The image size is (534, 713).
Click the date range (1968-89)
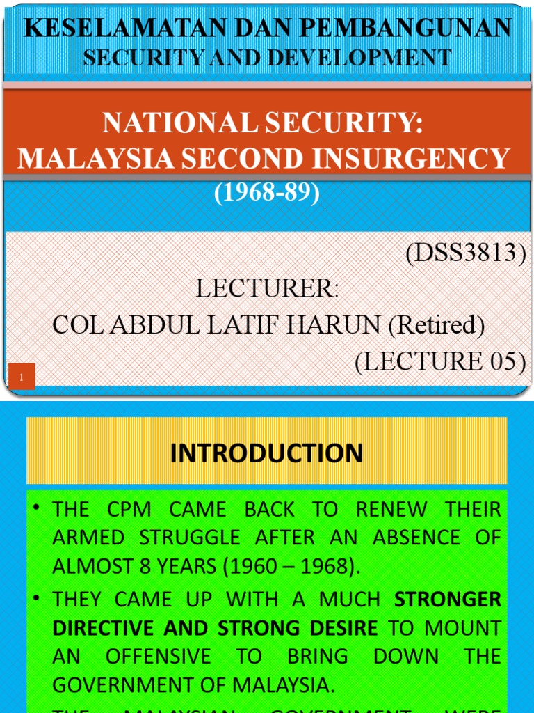click(x=267, y=194)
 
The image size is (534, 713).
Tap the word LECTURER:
click(x=267, y=289)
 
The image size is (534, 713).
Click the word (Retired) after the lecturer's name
click(x=436, y=324)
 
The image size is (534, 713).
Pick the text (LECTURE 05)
click(x=439, y=361)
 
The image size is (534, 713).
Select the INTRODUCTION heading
click(x=266, y=453)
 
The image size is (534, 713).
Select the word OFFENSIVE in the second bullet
click(x=161, y=656)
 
